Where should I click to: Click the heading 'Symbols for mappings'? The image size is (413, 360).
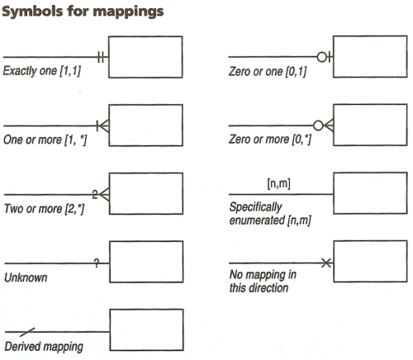[83, 12]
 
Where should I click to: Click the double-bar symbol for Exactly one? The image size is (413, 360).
[101, 57]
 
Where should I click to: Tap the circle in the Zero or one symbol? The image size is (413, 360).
[321, 57]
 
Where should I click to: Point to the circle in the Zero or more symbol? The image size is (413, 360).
[318, 126]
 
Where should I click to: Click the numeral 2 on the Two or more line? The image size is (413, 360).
[95, 194]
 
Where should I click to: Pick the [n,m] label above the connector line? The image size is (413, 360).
[278, 183]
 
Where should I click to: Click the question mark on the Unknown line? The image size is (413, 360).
[97, 263]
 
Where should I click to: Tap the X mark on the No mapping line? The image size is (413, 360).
[326, 263]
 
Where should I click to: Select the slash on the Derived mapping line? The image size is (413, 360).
[27, 332]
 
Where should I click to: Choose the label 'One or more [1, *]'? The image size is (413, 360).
[45, 140]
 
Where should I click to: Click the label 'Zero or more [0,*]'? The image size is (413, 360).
[270, 139]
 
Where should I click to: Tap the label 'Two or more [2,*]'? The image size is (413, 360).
[44, 209]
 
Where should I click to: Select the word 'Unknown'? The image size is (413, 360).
[26, 277]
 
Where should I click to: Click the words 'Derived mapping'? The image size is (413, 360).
[44, 347]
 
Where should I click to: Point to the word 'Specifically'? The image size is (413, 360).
[256, 207]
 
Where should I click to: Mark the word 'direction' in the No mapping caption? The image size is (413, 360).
[268, 288]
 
